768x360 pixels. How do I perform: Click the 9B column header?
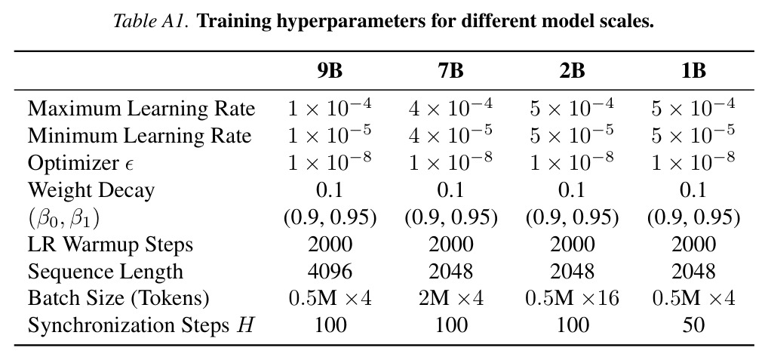click(329, 72)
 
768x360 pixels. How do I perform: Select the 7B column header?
click(450, 72)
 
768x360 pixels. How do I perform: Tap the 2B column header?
click(572, 72)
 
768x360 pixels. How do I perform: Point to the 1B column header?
click(693, 72)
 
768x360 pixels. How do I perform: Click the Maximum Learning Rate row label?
click(142, 109)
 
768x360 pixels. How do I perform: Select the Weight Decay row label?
click(91, 190)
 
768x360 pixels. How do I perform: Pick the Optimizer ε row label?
click(81, 163)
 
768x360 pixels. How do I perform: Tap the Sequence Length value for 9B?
click(330, 272)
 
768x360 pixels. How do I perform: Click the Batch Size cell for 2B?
click(572, 298)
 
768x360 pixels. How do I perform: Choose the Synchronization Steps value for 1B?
click(693, 325)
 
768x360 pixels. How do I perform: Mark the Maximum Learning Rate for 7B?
click(450, 106)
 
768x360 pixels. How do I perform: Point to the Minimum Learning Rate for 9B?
click(330, 134)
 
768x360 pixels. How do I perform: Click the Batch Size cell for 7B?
click(450, 298)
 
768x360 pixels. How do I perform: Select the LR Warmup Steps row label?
click(110, 245)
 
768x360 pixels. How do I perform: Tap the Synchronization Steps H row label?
click(142, 325)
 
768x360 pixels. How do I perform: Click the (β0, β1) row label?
click(63, 218)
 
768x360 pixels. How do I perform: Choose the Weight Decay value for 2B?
click(572, 190)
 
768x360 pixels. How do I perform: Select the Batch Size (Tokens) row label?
click(118, 298)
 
